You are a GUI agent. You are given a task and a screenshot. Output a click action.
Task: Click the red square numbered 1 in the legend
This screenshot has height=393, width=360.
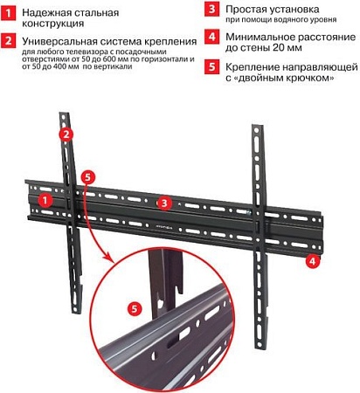(x=8, y=10)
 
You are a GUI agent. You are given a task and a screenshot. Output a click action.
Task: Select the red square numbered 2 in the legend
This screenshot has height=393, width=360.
(x=8, y=41)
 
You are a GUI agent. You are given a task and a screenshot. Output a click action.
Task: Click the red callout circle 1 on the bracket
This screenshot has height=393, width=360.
(x=43, y=199)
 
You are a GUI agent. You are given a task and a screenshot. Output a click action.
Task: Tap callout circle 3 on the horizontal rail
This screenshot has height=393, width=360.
(x=163, y=203)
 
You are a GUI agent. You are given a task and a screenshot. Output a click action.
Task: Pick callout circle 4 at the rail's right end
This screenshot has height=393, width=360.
(x=311, y=260)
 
